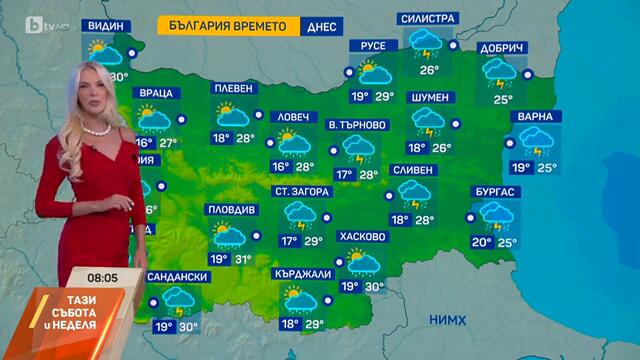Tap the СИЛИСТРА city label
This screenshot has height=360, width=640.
(427, 19)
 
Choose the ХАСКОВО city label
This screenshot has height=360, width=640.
(363, 237)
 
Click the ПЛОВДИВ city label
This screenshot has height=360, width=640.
(231, 210)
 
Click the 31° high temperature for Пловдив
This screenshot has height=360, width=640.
(243, 260)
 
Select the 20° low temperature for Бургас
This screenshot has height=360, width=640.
(481, 242)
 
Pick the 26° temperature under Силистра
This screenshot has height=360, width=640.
(429, 70)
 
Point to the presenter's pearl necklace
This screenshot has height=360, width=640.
(94, 130)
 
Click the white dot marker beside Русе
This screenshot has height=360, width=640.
(348, 71)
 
